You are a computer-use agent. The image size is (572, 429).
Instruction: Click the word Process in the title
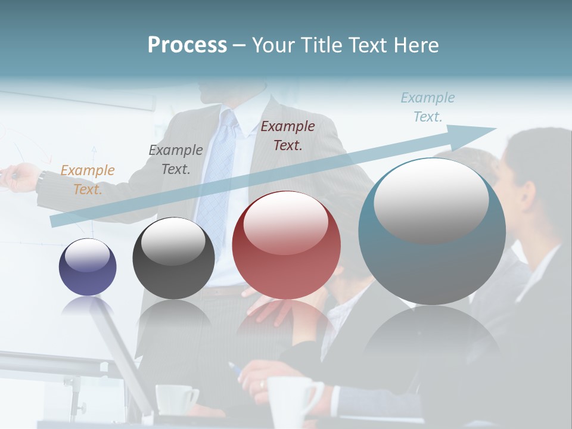click(187, 45)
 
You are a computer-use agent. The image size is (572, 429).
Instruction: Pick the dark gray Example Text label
click(176, 160)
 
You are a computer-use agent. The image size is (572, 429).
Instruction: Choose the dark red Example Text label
click(288, 135)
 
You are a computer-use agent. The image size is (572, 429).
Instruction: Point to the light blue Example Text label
click(428, 107)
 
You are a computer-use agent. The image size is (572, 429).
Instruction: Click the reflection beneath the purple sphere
click(88, 305)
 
